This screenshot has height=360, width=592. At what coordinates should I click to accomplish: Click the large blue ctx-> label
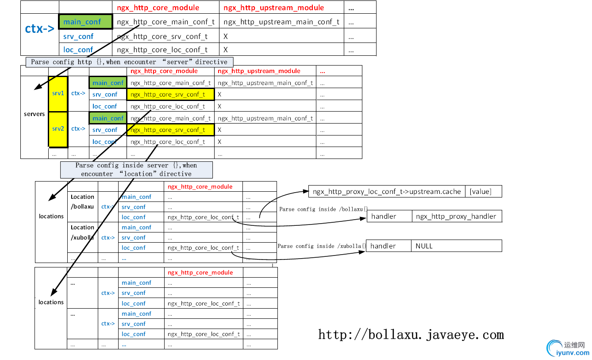pos(39,29)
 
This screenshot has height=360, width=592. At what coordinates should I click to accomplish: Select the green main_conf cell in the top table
pos(82,22)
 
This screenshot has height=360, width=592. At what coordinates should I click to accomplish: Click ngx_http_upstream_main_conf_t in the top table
pos(282,22)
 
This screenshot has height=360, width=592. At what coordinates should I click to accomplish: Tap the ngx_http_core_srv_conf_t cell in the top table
pos(162,36)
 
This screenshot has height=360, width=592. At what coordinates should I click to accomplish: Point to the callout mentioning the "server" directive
pos(129,62)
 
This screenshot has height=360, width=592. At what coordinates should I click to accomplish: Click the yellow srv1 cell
pos(58,93)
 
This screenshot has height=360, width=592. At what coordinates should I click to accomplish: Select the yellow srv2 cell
pos(58,129)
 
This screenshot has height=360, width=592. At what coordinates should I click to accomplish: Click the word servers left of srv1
pos(34,114)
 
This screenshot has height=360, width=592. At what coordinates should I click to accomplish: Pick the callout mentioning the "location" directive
pos(136,170)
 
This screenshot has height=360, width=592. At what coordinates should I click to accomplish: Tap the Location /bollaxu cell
pos(82,201)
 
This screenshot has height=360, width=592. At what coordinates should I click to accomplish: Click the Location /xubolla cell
pos(82,232)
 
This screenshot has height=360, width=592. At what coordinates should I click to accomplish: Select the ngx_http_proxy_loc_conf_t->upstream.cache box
pos(387,191)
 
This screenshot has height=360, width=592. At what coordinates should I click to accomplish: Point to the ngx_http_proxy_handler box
pos(456,216)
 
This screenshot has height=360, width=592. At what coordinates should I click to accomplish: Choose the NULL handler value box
pos(456,246)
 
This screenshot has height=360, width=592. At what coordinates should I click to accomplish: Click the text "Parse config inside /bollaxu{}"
pos(323,209)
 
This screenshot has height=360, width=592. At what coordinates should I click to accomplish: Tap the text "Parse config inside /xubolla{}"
pos(322,246)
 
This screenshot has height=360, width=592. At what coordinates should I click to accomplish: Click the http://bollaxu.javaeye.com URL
pos(411,335)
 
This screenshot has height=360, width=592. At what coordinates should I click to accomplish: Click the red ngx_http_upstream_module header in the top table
pos(274,8)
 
